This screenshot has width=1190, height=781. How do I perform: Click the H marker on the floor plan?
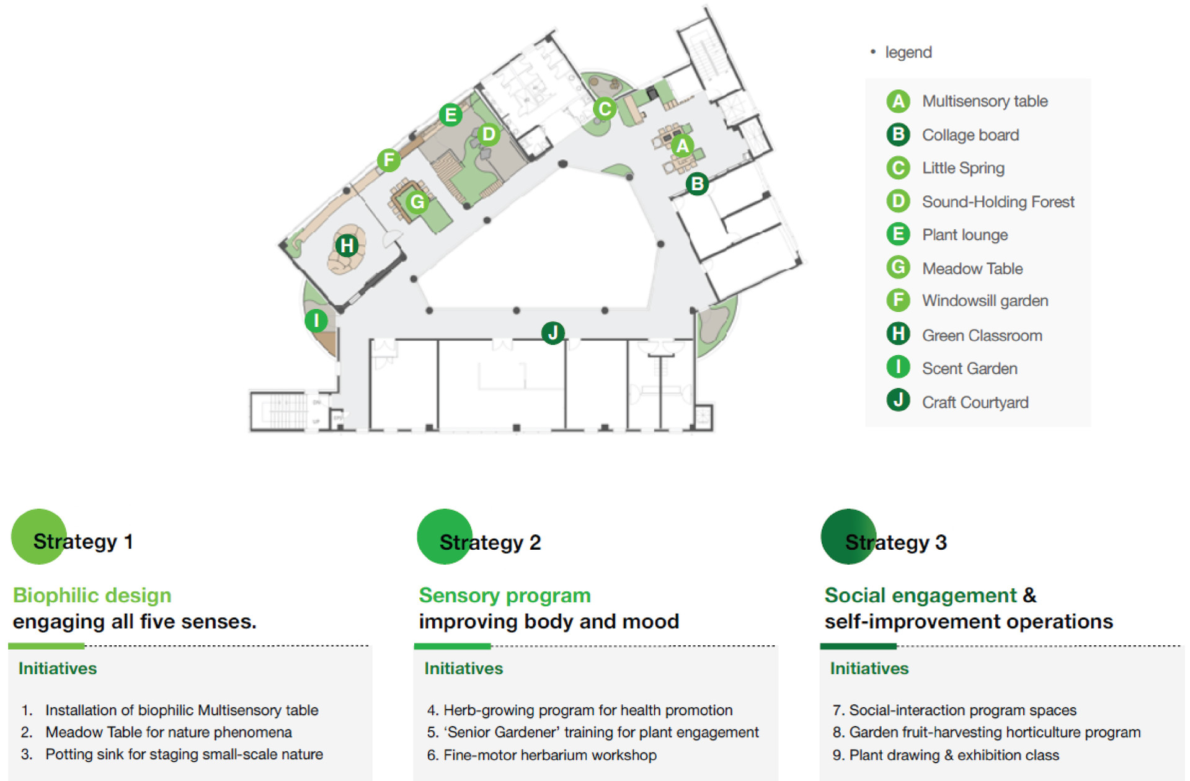click(347, 245)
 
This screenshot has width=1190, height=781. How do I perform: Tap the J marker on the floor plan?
click(553, 333)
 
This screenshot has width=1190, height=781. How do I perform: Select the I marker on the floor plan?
click(316, 320)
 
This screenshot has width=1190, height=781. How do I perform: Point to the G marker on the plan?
click(417, 201)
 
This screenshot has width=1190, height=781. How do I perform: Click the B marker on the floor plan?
click(697, 183)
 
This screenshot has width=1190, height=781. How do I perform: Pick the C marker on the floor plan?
click(605, 108)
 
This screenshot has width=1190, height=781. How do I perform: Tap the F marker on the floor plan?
click(389, 160)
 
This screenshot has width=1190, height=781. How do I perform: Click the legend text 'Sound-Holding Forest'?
click(998, 201)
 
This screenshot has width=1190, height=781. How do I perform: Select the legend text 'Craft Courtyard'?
click(975, 402)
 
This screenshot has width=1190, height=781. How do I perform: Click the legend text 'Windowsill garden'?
click(985, 301)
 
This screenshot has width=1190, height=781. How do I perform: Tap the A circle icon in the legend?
click(898, 101)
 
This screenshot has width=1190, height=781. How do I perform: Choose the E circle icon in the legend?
click(898, 234)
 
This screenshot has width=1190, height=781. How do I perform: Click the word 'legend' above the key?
click(908, 52)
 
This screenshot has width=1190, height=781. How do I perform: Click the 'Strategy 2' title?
click(490, 542)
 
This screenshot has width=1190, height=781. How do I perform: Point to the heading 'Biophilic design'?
click(92, 595)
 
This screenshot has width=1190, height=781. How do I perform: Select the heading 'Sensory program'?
click(505, 595)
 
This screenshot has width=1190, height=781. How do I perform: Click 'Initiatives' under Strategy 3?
click(869, 668)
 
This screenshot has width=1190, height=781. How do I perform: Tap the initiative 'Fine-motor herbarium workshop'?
click(549, 755)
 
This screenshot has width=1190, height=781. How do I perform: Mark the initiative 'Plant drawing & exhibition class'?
click(954, 755)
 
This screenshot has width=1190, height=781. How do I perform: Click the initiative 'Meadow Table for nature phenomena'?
click(168, 732)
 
